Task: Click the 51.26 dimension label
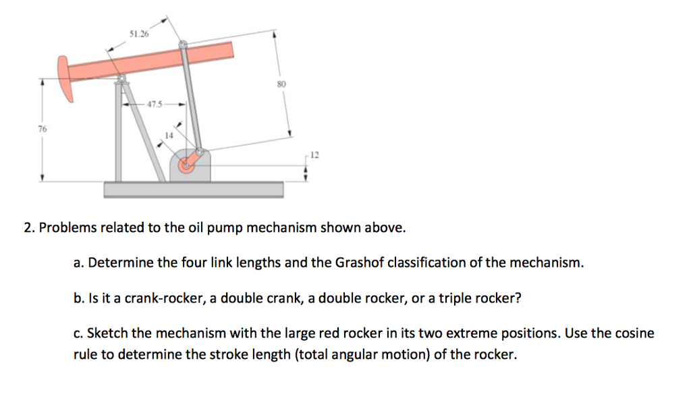[x=138, y=34]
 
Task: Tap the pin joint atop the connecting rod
[x=183, y=45]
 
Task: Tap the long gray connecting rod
[x=191, y=98]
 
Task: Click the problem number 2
[x=28, y=228]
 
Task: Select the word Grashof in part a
[x=354, y=263]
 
